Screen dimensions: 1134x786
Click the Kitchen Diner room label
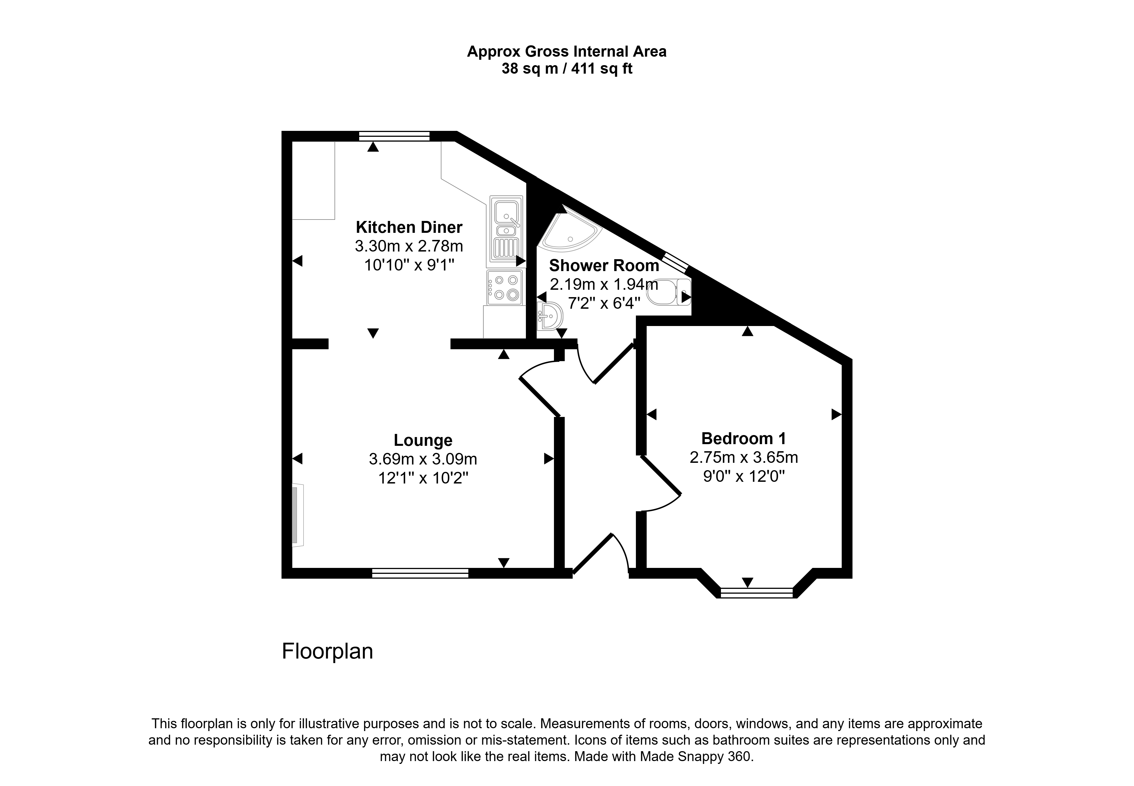click(409, 227)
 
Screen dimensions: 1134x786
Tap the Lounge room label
click(423, 440)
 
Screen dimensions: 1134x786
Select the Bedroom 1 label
click(744, 438)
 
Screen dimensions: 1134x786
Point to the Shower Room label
click(604, 265)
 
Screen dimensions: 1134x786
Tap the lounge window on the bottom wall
click(420, 573)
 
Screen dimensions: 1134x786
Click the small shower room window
click(674, 262)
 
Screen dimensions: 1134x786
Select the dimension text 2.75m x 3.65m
click(744, 457)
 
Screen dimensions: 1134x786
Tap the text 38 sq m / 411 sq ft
click(567, 69)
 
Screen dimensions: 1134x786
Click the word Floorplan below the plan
click(327, 651)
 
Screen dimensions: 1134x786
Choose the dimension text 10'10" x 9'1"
click(409, 265)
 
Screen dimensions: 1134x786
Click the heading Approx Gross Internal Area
click(567, 52)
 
